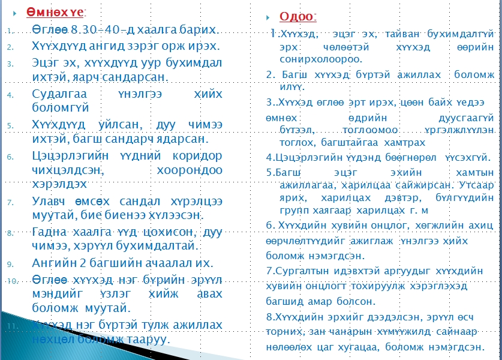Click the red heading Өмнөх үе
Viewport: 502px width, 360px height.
click(x=55, y=13)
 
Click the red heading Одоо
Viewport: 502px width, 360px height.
click(x=297, y=16)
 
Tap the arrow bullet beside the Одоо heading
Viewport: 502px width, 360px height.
click(x=268, y=17)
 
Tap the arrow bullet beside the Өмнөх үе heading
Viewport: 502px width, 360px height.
click(x=15, y=13)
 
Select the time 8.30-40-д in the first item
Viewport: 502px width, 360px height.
click(x=103, y=29)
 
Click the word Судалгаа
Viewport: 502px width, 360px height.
click(x=59, y=94)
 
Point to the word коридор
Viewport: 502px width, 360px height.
click(x=197, y=155)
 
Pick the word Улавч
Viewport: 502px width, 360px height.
click(x=49, y=202)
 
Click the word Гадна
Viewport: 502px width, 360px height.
click(x=49, y=232)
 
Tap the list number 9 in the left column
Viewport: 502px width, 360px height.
click(x=10, y=264)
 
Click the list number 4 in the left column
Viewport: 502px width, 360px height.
click(x=10, y=95)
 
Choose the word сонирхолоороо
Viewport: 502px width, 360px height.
click(x=321, y=59)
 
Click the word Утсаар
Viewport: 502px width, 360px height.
click(x=476, y=185)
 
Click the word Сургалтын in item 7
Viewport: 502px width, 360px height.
click(x=302, y=271)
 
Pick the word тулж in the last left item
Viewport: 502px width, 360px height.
click(x=152, y=325)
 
